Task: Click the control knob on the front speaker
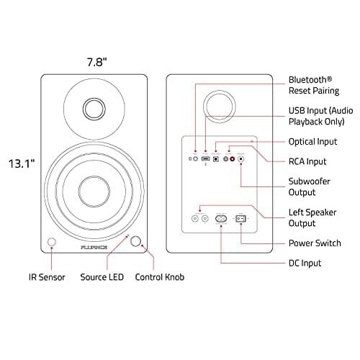tap(136, 242)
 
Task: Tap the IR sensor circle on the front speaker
tap(51, 243)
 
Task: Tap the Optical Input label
tap(312, 142)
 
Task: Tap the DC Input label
tap(305, 264)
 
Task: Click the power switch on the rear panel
tap(242, 217)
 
